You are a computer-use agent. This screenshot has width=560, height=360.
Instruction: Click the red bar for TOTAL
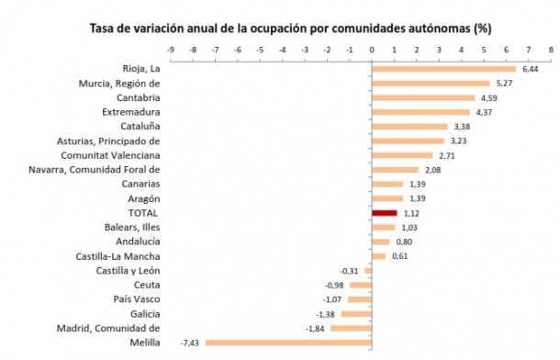point(384,212)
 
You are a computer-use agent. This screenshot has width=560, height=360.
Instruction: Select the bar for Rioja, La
point(443,69)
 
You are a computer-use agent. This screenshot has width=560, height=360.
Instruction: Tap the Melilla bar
point(288,342)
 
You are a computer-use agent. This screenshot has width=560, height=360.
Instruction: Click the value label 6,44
point(529,69)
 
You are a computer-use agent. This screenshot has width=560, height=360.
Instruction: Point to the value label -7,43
point(190,342)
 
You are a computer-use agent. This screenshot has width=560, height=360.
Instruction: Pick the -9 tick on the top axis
point(170,49)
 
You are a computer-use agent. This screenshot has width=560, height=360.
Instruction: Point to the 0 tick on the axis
point(372,49)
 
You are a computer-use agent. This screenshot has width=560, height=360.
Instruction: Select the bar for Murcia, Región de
point(431,84)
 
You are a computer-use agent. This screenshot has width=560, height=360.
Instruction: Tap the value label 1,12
point(411,212)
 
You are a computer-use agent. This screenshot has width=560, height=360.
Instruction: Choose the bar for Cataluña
point(409,127)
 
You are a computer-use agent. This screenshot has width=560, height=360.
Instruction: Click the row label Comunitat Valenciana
point(115,155)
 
